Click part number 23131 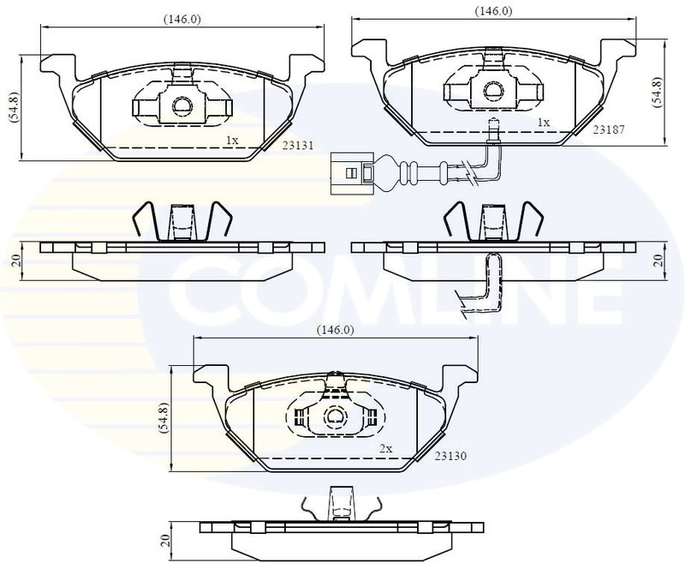click(x=297, y=146)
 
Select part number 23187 click(x=609, y=129)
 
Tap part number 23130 click(x=450, y=456)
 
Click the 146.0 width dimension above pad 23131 click(x=182, y=20)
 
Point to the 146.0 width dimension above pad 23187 click(x=494, y=11)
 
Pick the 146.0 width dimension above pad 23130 click(x=336, y=330)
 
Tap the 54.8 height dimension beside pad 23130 click(x=164, y=417)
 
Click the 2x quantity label click(x=386, y=448)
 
